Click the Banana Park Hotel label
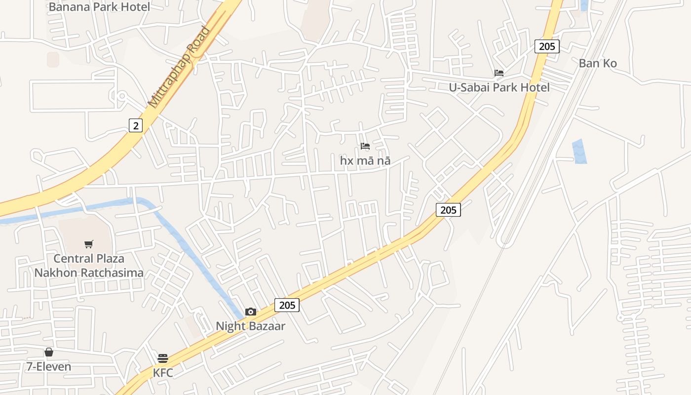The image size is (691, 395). coord(99,7)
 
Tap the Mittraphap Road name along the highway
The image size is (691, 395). coord(179,67)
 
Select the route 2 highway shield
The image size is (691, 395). coord(136,125)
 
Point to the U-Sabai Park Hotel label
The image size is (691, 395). coord(499,87)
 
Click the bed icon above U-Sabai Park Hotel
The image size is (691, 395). coord(499,73)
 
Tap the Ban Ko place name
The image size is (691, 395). coord(598,63)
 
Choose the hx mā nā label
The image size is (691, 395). coord(365,160)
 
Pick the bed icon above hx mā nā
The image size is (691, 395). coord(365,146)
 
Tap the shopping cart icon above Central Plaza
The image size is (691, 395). coord(89,244)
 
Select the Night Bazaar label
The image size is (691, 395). coord(251,326)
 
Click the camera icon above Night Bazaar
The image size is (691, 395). coord(251,312)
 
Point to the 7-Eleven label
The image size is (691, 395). coord(49,366)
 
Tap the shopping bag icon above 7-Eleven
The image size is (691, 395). coord(49,352)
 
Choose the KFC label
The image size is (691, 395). coord(163,373)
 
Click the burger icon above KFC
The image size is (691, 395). coord(163,358)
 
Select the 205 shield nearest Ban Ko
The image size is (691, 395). coord(547,46)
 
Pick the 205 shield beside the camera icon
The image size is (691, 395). coord(287,305)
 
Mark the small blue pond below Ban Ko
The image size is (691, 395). coord(579,151)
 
